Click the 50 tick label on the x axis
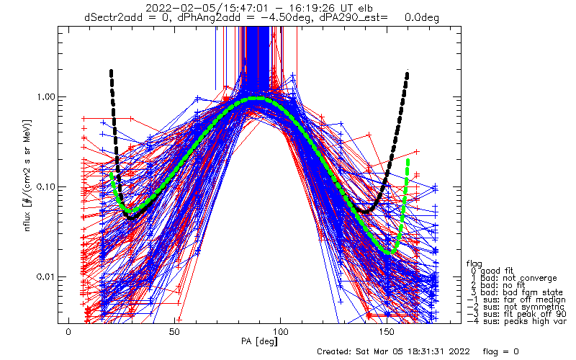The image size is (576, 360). tap(174, 332)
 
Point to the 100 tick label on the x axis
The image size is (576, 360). tap(280, 332)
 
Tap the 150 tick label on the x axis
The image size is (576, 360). tap(387, 332)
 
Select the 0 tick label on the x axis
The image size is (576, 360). tap(68, 332)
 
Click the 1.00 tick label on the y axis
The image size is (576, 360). tap(45, 97)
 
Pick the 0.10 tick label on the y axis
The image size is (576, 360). tap(45, 186)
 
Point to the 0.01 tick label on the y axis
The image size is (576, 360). tap(45, 276)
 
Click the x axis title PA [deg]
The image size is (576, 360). tap(259, 341)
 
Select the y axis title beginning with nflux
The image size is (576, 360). tap(27, 176)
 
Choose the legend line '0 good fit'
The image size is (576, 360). tap(492, 271)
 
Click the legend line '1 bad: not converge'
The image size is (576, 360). tap(514, 278)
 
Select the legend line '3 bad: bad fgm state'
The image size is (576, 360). tap(517, 292)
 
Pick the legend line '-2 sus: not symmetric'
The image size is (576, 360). tap(516, 307)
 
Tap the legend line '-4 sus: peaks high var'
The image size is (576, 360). tap(516, 321)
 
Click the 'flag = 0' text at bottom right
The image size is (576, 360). tap(500, 351)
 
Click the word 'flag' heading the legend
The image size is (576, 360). tap(474, 264)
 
